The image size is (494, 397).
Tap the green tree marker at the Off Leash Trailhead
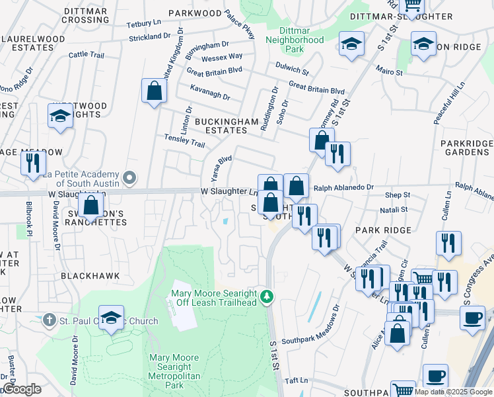(x=267, y=296)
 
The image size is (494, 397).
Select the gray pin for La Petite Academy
(x=130, y=177)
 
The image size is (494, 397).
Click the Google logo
(x=22, y=390)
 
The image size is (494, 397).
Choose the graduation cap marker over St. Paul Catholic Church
(x=111, y=318)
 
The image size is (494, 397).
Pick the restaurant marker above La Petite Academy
(x=33, y=163)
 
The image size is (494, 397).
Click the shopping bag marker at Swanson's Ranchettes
(x=90, y=204)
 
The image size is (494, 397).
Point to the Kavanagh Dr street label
(x=209, y=97)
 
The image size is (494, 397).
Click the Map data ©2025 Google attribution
(x=454, y=391)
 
